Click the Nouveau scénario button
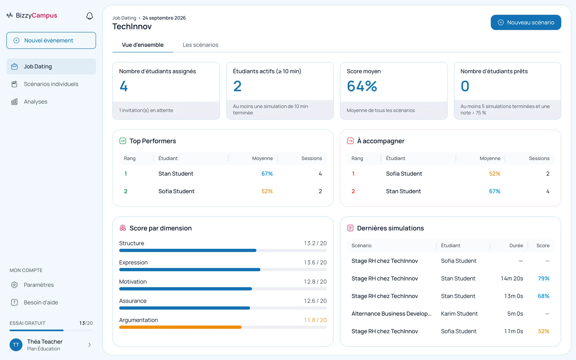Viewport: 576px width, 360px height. tap(526, 22)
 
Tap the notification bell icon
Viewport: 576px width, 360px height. tap(90, 16)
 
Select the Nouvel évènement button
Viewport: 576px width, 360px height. tap(51, 40)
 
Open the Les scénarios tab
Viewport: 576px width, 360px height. tap(200, 45)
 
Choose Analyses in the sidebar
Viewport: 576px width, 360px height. tap(35, 102)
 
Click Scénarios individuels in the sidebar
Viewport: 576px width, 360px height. tap(51, 84)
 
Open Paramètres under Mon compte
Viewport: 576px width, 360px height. tap(39, 285)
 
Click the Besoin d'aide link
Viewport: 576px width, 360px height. tap(41, 302)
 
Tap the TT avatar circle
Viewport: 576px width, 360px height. tap(16, 345)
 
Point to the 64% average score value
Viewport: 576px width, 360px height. tap(362, 86)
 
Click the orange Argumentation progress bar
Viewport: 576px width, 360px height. tap(180, 327)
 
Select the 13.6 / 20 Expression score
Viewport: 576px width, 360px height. tap(315, 262)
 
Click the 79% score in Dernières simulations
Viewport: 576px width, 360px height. tap(543, 278)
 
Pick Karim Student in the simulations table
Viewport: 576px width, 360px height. tap(459, 314)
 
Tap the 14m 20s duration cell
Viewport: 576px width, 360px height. tap(512, 278)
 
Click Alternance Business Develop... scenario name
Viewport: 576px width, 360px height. tap(391, 314)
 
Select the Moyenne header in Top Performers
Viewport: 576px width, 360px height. tap(262, 158)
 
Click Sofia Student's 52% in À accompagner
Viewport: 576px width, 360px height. tap(494, 174)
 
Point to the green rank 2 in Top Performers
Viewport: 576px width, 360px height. tap(126, 191)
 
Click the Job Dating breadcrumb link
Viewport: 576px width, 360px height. tap(124, 18)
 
